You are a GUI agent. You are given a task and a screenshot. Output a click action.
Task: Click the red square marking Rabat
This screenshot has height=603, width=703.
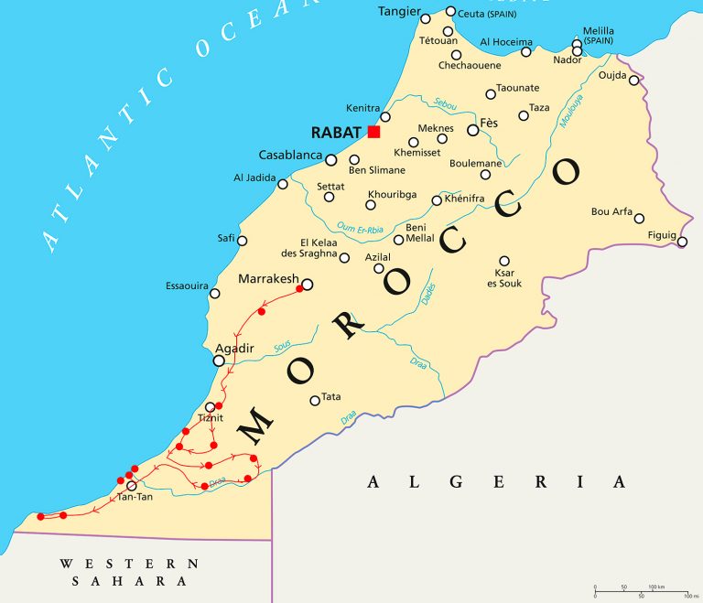373,132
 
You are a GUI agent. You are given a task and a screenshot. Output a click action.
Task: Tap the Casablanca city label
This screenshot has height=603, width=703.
290,155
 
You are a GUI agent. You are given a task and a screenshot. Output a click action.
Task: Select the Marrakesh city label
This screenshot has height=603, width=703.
267,278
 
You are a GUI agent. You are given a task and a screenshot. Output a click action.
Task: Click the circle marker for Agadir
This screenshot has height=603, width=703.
219,361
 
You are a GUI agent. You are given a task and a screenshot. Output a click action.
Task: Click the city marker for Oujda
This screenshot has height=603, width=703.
633,81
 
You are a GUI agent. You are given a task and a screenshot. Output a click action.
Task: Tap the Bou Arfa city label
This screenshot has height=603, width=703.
611,211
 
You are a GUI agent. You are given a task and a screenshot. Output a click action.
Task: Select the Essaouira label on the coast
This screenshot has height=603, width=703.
187,285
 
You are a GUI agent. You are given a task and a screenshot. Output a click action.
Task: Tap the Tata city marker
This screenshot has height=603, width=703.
315,400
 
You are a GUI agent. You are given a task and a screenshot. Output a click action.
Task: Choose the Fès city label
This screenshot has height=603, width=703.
489,123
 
